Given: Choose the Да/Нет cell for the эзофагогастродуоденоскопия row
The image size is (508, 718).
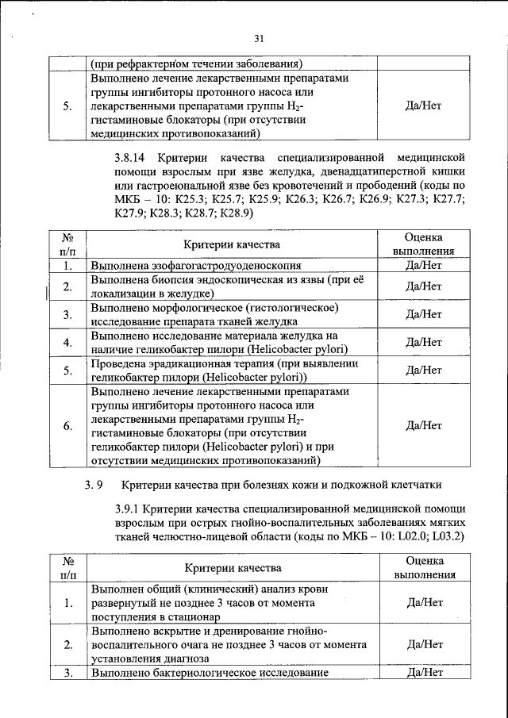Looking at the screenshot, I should tap(423, 266).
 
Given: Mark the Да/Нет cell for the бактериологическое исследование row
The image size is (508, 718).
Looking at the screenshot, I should tap(423, 673).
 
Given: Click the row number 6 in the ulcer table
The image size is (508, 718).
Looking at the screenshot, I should tap(67, 425).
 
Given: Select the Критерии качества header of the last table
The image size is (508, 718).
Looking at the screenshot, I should tap(233, 568).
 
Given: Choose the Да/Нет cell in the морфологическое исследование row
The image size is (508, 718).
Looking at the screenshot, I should tap(423, 314).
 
